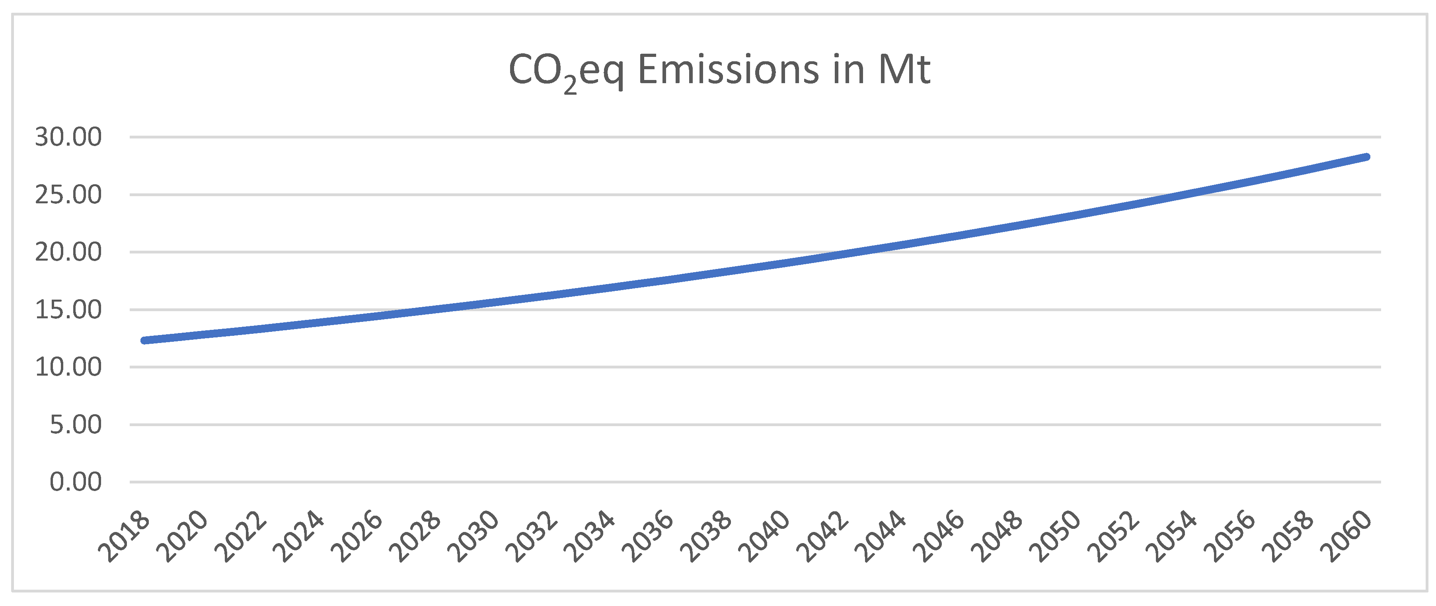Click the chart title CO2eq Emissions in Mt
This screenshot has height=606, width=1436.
(x=719, y=71)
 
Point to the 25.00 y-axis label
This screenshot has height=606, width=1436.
(x=68, y=195)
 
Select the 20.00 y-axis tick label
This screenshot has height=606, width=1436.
(x=68, y=252)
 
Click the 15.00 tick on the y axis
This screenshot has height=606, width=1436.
(x=68, y=310)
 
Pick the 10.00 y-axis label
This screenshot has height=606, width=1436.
(x=68, y=367)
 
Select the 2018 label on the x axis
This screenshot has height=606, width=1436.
(x=124, y=536)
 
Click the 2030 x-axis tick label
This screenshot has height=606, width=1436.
(x=473, y=536)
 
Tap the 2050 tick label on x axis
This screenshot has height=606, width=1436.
(x=1055, y=536)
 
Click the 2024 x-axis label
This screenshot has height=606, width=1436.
(x=299, y=536)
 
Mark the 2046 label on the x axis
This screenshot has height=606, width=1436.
(x=939, y=536)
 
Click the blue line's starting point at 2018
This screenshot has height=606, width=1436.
(x=144, y=340)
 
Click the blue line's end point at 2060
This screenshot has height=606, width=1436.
(x=1366, y=157)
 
